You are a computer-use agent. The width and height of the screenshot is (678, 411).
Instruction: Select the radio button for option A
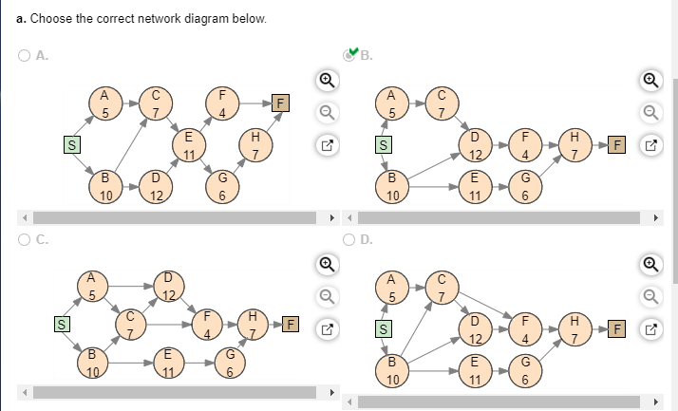pos(25,55)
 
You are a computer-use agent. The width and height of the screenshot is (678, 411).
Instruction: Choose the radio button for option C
pos(25,239)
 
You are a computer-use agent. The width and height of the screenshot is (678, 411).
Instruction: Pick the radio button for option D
pos(348,239)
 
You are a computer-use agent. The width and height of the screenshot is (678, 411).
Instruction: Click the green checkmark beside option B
pos(353,52)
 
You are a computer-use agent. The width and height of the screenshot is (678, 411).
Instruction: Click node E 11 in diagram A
pos(189,145)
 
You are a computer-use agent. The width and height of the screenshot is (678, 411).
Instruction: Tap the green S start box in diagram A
pos(72,145)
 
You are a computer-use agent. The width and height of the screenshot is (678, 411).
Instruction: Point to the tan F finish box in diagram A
pos(281,103)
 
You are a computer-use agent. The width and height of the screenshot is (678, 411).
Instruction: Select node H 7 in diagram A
pos(256,145)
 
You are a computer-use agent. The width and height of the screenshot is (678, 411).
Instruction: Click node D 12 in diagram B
pos(475,145)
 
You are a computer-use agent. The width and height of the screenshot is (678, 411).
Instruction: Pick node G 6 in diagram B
pos(525,187)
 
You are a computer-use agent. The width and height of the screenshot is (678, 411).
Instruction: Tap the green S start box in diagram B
pos(384,145)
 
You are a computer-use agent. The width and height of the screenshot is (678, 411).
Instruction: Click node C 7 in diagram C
pos(131,324)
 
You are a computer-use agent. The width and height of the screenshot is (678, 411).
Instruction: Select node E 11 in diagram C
pos(169,363)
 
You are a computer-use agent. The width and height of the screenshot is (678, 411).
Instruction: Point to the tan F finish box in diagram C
pos(291,324)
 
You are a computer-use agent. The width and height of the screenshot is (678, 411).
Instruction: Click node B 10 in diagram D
pos(392,371)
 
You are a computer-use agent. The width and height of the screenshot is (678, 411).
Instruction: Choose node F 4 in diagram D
pos(525,329)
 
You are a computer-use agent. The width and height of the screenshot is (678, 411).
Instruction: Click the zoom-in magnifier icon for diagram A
pos(328,80)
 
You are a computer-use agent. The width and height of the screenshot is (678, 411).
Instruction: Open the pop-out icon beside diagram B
pos(651,145)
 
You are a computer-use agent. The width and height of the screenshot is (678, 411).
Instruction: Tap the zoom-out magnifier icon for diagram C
pos(328,297)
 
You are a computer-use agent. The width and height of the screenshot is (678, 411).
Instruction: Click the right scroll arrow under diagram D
pos(656,402)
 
